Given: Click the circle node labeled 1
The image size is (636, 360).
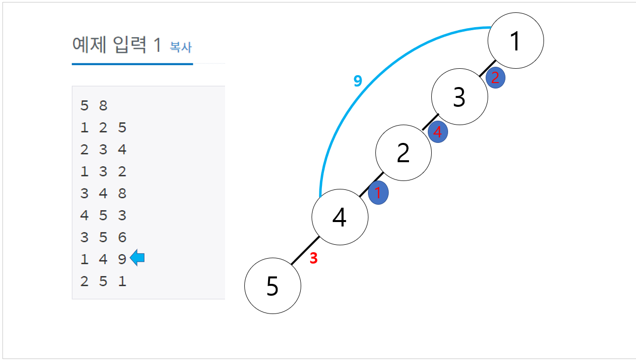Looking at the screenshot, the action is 516,41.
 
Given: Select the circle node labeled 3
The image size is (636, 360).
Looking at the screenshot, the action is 459,97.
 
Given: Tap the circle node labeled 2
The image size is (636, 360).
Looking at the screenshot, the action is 404,153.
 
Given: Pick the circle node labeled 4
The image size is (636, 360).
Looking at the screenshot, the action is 340,217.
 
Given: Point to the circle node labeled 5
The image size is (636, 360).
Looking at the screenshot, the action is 273,285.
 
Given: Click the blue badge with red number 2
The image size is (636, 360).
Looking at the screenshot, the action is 495,78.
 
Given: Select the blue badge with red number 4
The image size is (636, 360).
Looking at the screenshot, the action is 437,133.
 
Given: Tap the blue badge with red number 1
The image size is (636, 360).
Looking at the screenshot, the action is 378,193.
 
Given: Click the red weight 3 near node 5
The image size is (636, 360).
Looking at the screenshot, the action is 313,258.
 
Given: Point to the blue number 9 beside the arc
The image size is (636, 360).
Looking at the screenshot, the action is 358,81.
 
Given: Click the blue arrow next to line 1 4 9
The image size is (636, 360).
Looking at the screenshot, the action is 137,258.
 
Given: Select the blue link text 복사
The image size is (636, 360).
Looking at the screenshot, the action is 181,47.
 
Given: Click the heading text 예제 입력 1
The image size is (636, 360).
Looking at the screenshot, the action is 117,45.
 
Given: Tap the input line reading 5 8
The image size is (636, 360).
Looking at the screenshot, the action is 93,105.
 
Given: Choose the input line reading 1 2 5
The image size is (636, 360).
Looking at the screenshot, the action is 103,128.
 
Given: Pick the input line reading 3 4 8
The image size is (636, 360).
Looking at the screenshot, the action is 103,193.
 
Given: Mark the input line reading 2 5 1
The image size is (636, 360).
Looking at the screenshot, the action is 103,281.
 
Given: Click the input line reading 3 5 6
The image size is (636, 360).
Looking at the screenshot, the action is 103,237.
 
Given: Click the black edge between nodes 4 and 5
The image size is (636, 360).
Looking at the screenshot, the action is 305,251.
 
